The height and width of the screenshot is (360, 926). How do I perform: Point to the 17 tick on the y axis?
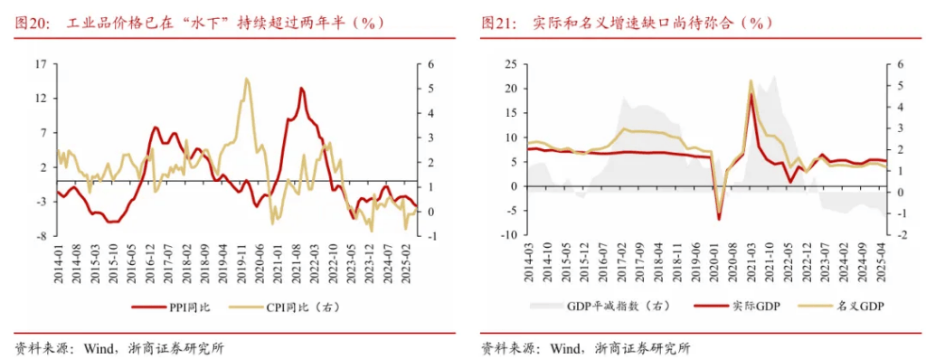pyautogui.click(x=41, y=64)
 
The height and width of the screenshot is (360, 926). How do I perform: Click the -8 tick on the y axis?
pyautogui.click(x=41, y=235)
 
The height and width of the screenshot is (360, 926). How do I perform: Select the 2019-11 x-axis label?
pyautogui.click(x=242, y=262)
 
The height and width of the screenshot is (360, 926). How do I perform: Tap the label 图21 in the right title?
pyautogui.click(x=498, y=24)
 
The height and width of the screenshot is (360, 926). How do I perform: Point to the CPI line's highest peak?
pyautogui.click(x=246, y=79)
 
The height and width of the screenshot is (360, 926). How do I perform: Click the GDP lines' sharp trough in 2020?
pyautogui.click(x=720, y=218)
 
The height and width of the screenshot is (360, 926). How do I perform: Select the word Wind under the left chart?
pyautogui.click(x=98, y=347)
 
